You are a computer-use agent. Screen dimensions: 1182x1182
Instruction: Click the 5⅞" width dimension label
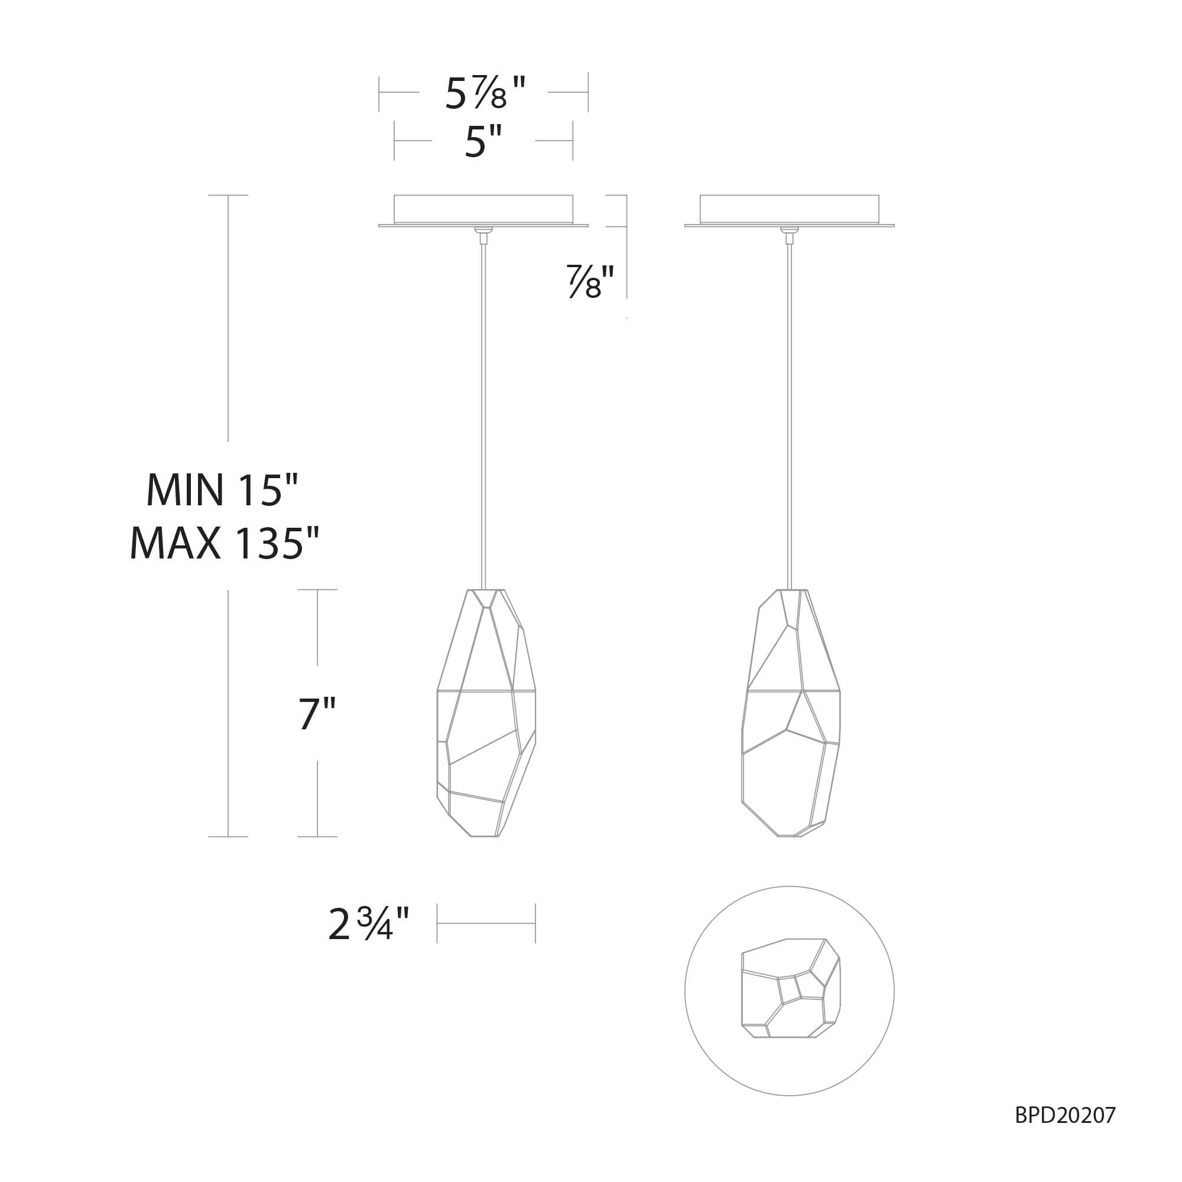click(x=485, y=93)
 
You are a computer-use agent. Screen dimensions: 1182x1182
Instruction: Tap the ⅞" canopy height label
click(x=590, y=281)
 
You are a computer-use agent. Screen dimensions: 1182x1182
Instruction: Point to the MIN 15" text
click(x=223, y=490)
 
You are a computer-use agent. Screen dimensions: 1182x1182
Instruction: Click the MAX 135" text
click(x=225, y=543)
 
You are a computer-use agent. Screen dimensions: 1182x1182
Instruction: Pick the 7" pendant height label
click(x=317, y=714)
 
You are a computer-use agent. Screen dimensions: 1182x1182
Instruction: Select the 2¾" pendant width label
click(x=368, y=924)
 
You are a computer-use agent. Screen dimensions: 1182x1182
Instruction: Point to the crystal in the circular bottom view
click(x=790, y=989)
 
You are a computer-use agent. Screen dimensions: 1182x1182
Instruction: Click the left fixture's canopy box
click(x=483, y=209)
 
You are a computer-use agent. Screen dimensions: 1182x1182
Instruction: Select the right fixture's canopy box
click(x=789, y=209)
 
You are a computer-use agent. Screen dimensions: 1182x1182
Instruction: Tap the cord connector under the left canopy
click(x=483, y=232)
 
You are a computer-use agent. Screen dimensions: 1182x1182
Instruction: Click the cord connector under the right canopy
click(x=789, y=232)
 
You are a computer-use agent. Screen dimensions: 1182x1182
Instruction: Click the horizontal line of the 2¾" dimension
click(x=486, y=924)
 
